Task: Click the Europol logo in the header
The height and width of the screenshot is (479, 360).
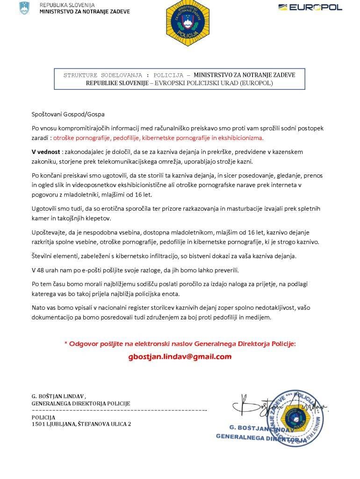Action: [x=310, y=7]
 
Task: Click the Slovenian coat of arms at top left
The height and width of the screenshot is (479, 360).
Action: [x=24, y=8]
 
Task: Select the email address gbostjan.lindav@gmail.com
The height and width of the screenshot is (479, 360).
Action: [x=180, y=356]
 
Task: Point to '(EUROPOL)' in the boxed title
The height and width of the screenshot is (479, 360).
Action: [x=257, y=83]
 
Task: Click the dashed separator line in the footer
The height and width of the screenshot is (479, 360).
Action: [x=119, y=410]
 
